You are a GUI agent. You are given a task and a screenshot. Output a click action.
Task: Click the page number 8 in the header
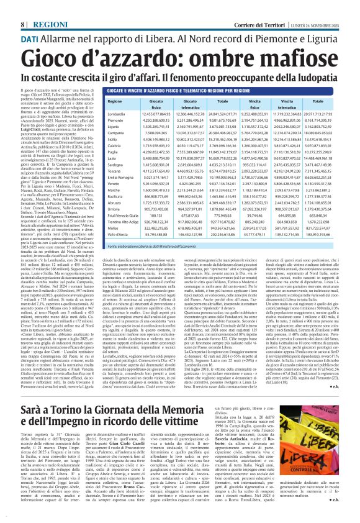tap(23, 7)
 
